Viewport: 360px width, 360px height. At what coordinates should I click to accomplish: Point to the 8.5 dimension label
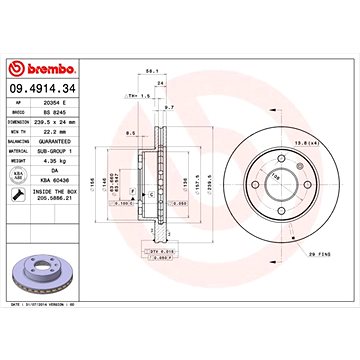[x=131, y=133]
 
